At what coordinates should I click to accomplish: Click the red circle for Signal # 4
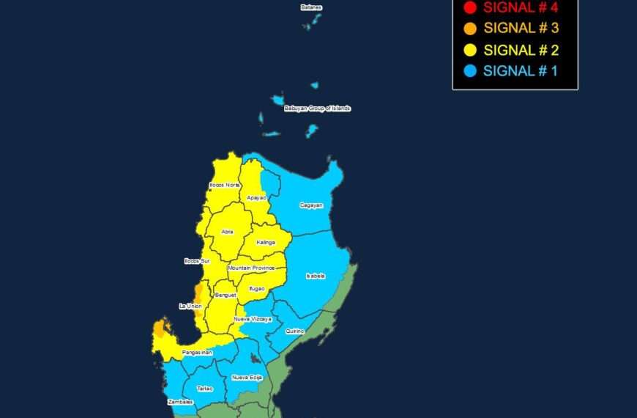point(470,8)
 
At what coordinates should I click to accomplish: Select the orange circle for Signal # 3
point(470,29)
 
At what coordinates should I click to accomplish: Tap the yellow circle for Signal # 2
point(470,51)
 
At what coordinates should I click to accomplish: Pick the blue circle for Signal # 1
point(470,71)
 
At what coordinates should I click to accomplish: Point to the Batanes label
point(311,7)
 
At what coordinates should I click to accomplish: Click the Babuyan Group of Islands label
point(317,109)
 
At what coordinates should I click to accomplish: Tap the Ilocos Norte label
point(225,185)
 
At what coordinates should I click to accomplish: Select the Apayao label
point(256,198)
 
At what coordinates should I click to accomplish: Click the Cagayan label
point(311,205)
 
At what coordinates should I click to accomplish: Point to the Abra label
point(228,232)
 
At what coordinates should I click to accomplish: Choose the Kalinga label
point(266,242)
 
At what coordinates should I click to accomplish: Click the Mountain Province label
point(250,268)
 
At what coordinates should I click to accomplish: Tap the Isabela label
point(316,276)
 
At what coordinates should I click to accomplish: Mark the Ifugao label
point(256,288)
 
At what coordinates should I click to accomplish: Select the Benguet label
point(225,295)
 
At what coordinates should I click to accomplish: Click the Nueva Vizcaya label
point(253,319)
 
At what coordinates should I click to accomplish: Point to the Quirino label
point(295,331)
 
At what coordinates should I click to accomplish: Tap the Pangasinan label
point(196,353)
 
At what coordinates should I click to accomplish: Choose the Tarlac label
point(204,388)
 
